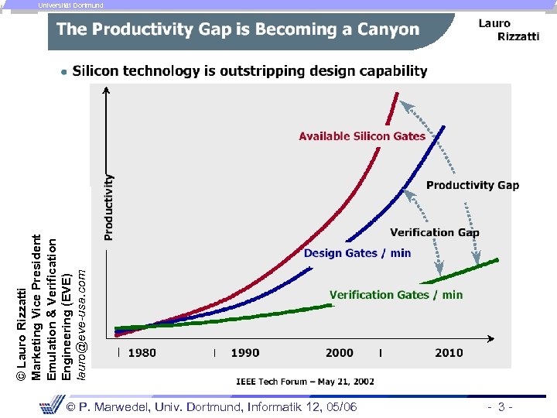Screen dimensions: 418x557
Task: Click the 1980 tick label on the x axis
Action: point(142,353)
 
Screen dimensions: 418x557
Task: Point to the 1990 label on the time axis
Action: point(245,353)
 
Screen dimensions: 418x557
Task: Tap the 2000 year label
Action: point(340,353)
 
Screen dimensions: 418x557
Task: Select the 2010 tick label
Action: point(449,353)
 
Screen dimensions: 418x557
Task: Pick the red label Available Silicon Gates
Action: point(362,136)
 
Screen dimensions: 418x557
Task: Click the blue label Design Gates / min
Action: point(357,253)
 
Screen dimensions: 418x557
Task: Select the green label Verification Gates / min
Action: point(396,294)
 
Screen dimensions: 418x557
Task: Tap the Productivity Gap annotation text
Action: point(473,185)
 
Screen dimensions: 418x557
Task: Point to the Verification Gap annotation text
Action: point(435,232)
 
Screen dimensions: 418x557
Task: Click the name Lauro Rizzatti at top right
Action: point(507,29)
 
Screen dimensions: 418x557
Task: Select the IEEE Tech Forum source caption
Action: point(305,381)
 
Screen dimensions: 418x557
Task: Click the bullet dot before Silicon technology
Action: point(63,72)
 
